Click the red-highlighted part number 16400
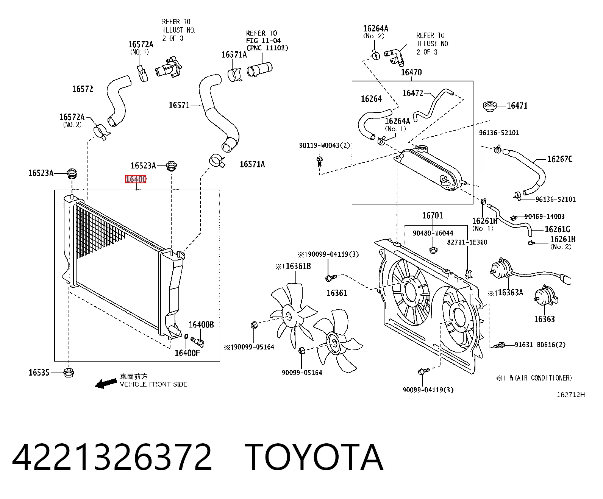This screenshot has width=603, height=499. (136, 179)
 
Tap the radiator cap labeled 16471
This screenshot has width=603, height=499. (490, 106)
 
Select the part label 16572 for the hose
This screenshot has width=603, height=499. (83, 89)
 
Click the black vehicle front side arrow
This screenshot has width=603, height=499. (106, 384)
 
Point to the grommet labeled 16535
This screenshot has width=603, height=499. (69, 373)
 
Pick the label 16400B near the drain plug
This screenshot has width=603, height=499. (201, 324)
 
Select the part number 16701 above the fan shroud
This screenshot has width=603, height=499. (432, 215)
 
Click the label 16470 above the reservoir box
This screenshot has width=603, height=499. (411, 72)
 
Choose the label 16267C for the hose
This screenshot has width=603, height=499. (560, 159)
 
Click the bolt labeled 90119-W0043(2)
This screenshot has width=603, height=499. (319, 162)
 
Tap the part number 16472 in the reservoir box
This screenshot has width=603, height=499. (413, 93)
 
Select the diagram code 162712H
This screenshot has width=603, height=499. (571, 395)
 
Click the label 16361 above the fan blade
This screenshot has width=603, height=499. (337, 293)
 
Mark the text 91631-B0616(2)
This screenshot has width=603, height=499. (540, 345)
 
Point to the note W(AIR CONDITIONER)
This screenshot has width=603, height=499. (541, 378)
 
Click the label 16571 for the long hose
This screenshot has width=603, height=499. (179, 105)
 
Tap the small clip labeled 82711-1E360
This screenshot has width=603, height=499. (469, 273)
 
